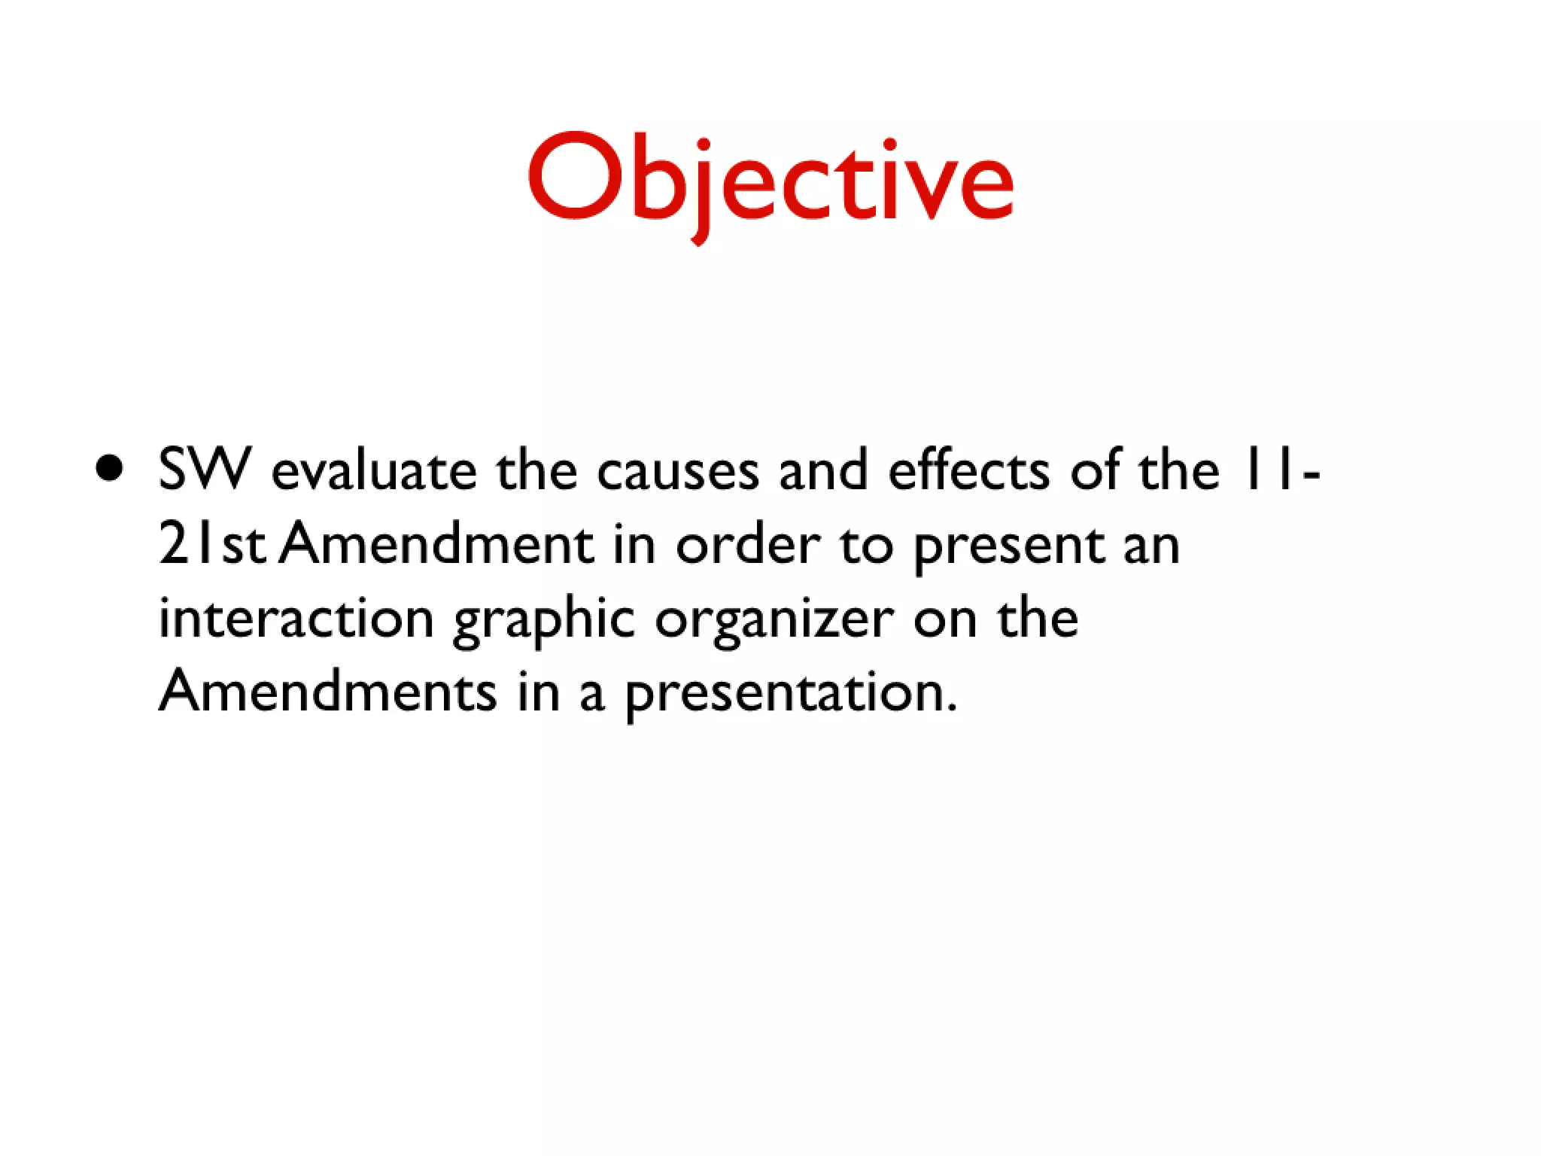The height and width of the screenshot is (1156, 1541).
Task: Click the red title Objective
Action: tap(770, 181)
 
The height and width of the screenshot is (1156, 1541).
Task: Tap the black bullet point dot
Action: tap(110, 468)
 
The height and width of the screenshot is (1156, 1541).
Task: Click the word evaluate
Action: tap(374, 471)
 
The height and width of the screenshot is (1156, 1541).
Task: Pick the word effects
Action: tap(968, 471)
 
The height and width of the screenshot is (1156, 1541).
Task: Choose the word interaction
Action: tap(296, 619)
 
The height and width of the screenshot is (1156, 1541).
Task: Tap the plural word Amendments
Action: tap(328, 691)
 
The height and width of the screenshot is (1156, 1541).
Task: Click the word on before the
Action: tap(945, 622)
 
